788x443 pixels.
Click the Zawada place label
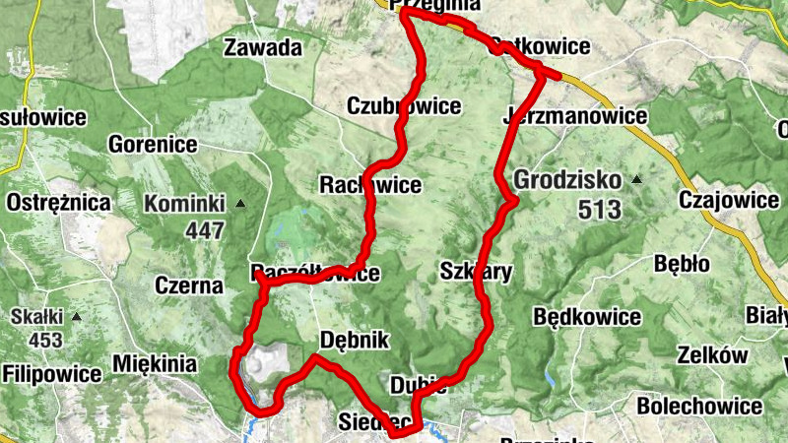click(262, 47)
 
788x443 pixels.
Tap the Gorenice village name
click(154, 145)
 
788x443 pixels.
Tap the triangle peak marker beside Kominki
click(239, 205)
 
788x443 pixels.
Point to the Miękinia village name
click(155, 363)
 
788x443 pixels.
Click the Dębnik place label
click(356, 341)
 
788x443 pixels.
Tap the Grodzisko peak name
click(567, 181)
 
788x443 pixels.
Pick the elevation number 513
click(602, 209)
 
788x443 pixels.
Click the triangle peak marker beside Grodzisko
click(636, 180)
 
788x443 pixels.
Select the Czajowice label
click(730, 201)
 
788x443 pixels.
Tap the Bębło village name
click(682, 264)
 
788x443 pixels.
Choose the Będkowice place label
click(587, 317)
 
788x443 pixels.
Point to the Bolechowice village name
click(699, 406)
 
